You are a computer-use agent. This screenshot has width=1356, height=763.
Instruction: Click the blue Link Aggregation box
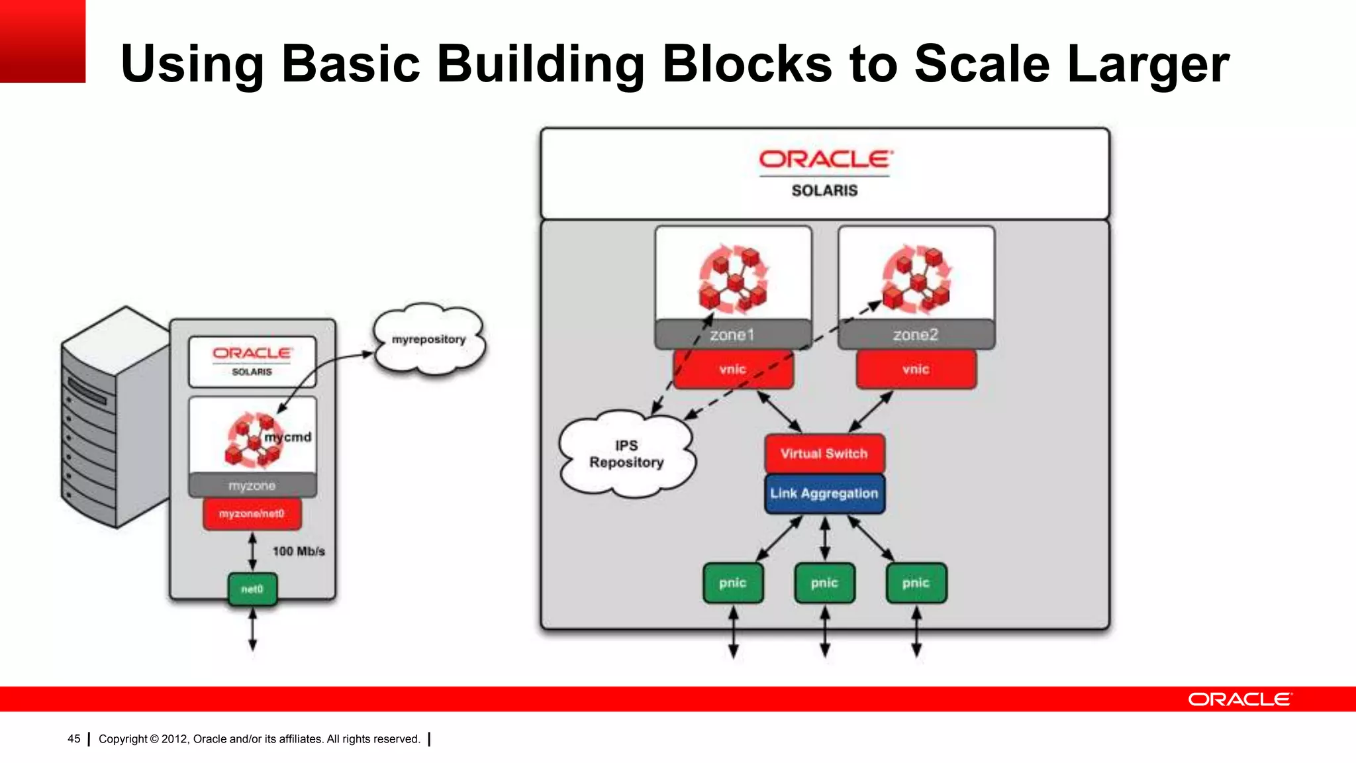pyautogui.click(x=824, y=493)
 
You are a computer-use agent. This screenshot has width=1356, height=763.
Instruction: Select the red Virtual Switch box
pyautogui.click(x=824, y=454)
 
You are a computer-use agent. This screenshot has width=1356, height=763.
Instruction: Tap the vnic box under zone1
pyautogui.click(x=733, y=369)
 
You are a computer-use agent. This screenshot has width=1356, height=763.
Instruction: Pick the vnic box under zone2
pyautogui.click(x=916, y=369)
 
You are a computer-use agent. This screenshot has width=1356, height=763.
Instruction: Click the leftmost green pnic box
pyautogui.click(x=733, y=583)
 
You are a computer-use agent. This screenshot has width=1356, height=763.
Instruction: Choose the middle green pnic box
pyautogui.click(x=824, y=583)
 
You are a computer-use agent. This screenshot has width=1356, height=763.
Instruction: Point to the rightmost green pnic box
pyautogui.click(x=916, y=583)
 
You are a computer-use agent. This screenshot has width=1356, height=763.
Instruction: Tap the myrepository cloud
pyautogui.click(x=429, y=340)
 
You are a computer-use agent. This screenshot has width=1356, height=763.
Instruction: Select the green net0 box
pyautogui.click(x=252, y=589)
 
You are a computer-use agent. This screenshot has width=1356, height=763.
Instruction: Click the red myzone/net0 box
pyautogui.click(x=252, y=514)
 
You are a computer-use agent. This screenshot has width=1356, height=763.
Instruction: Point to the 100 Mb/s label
pyautogui.click(x=299, y=551)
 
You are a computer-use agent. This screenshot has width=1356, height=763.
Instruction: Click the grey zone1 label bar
pyautogui.click(x=732, y=335)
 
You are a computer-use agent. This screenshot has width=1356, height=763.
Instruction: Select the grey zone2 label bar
pyautogui.click(x=916, y=335)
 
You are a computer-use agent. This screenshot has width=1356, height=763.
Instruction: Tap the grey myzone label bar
pyautogui.click(x=252, y=485)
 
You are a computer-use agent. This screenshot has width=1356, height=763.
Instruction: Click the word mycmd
pyautogui.click(x=288, y=437)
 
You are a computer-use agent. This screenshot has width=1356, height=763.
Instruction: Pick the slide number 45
pyautogui.click(x=74, y=738)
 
